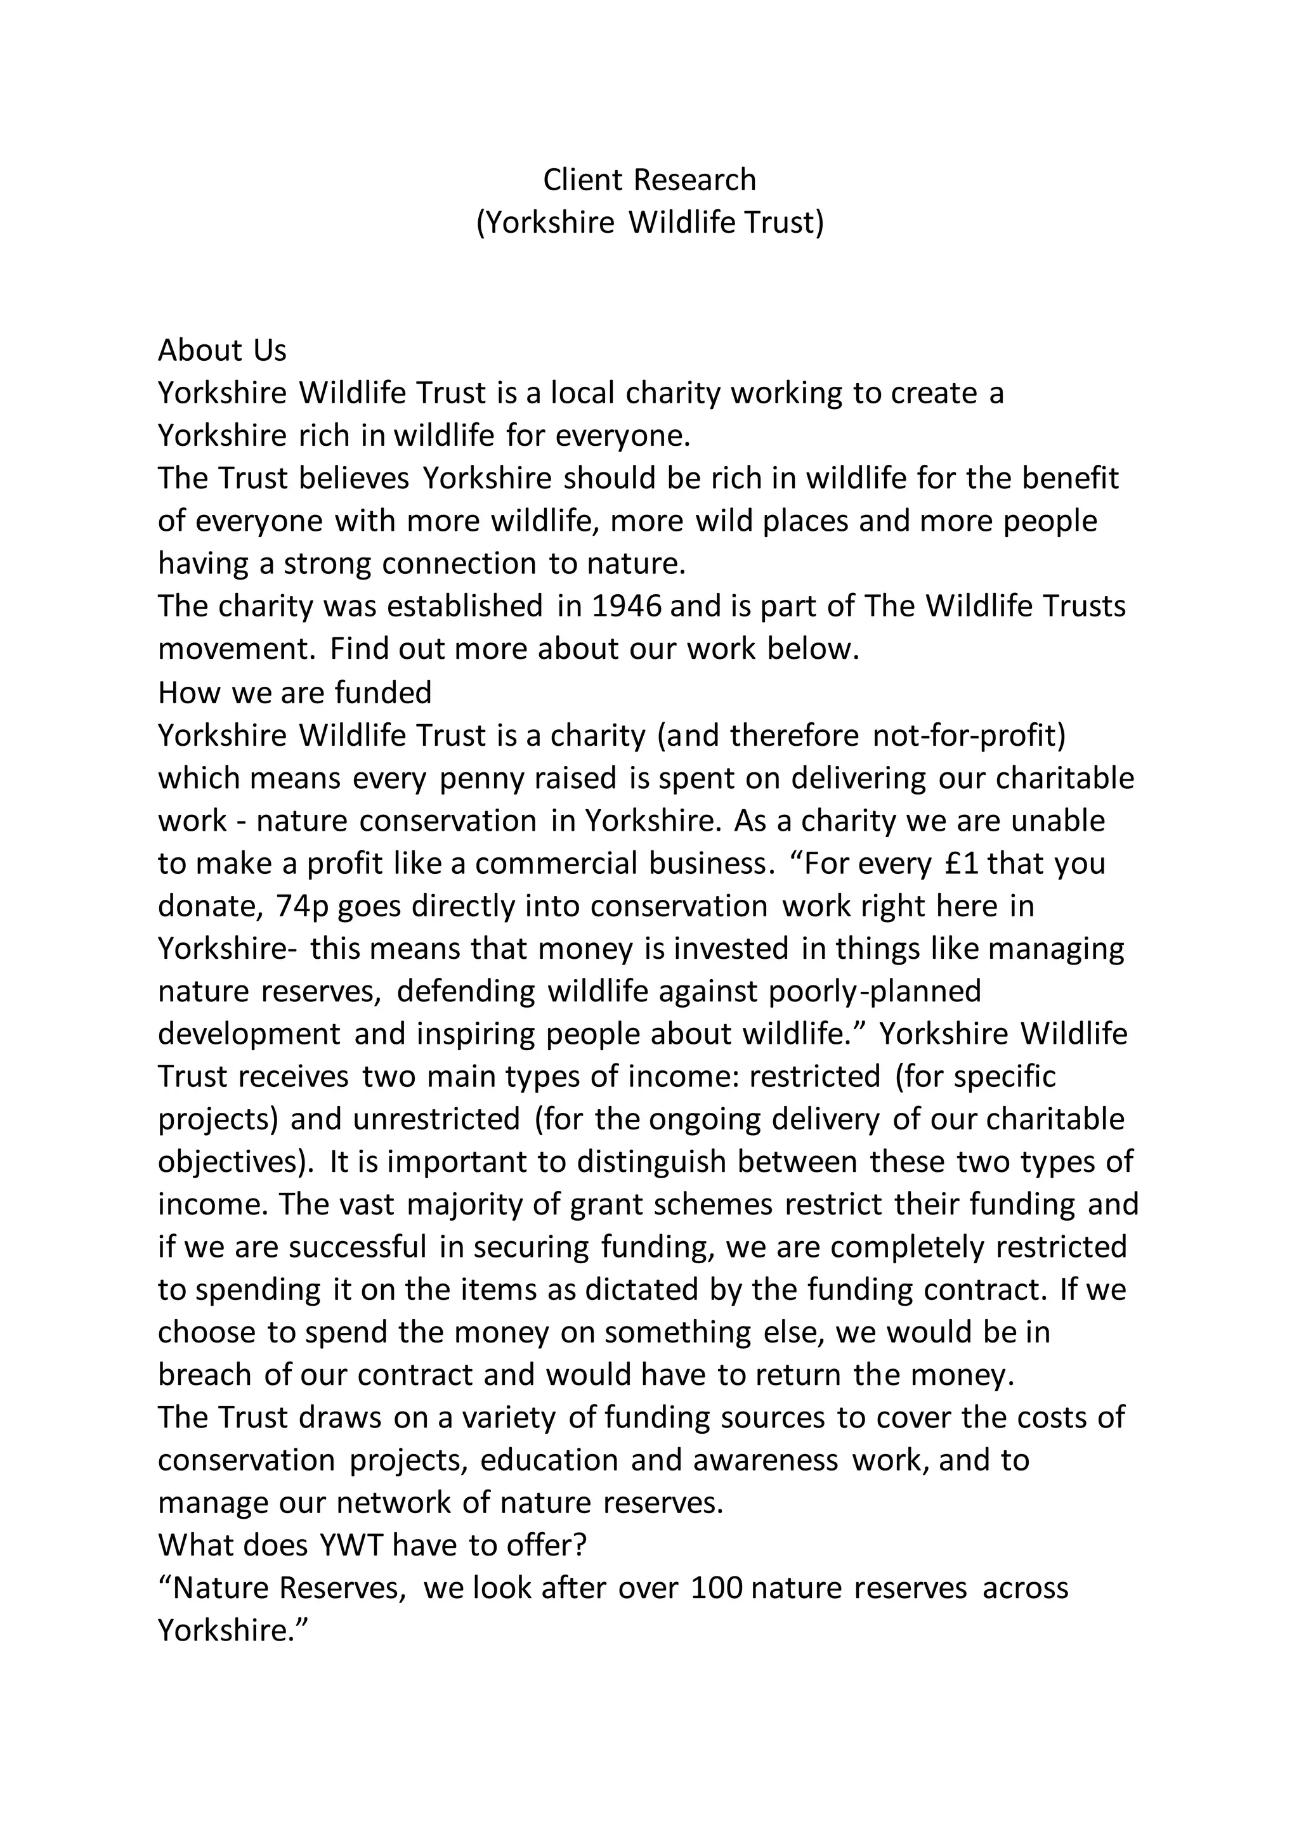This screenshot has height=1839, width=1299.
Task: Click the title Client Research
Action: (649, 180)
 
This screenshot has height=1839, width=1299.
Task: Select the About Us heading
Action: (222, 350)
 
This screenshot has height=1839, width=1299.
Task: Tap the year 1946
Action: (627, 606)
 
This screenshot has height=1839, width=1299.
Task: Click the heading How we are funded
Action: (295, 692)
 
